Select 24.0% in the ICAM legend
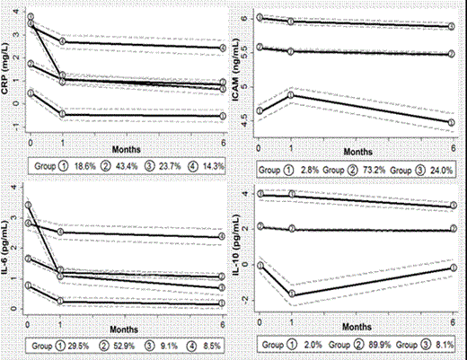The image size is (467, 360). point(438,168)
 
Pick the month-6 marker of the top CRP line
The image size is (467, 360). point(223,48)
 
